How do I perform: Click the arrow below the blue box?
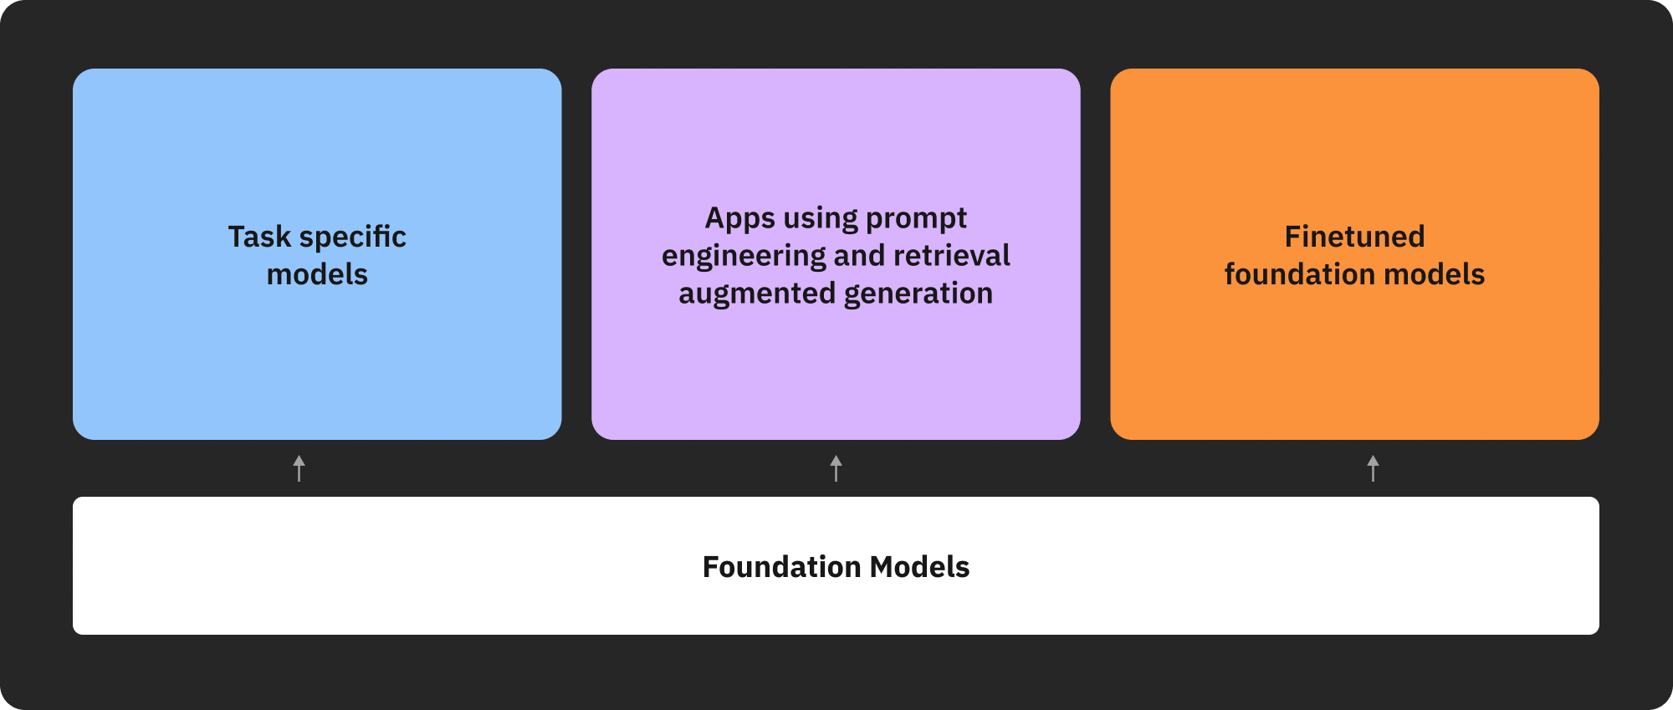click(299, 468)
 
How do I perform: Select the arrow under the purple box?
click(836, 468)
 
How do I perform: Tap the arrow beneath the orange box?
click(1373, 468)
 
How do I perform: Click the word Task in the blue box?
click(259, 237)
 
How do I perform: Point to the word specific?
click(352, 237)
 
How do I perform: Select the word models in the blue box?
click(317, 274)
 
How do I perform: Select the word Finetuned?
click(1354, 237)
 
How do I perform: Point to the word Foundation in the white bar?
click(781, 567)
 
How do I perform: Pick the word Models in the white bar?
click(919, 567)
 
